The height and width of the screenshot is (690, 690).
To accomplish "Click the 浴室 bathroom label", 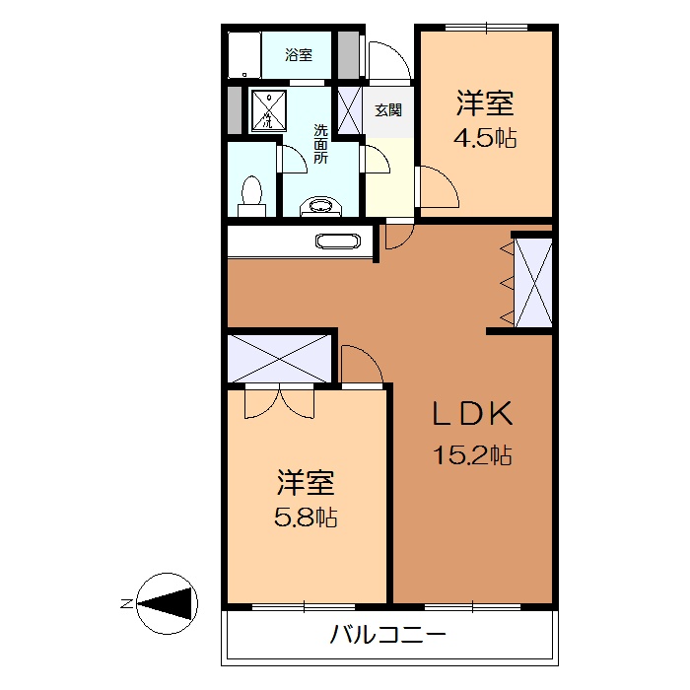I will click(x=299, y=55).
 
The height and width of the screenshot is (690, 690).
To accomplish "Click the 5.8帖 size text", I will click(x=306, y=517).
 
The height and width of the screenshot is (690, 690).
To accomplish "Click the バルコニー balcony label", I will click(x=387, y=634).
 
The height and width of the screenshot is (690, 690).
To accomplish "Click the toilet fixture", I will click(x=252, y=195).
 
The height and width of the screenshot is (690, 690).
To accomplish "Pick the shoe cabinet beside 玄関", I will click(x=350, y=110).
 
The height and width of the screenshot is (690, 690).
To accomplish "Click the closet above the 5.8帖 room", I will click(x=281, y=357).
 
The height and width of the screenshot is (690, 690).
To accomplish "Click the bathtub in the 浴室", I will click(x=245, y=54).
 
